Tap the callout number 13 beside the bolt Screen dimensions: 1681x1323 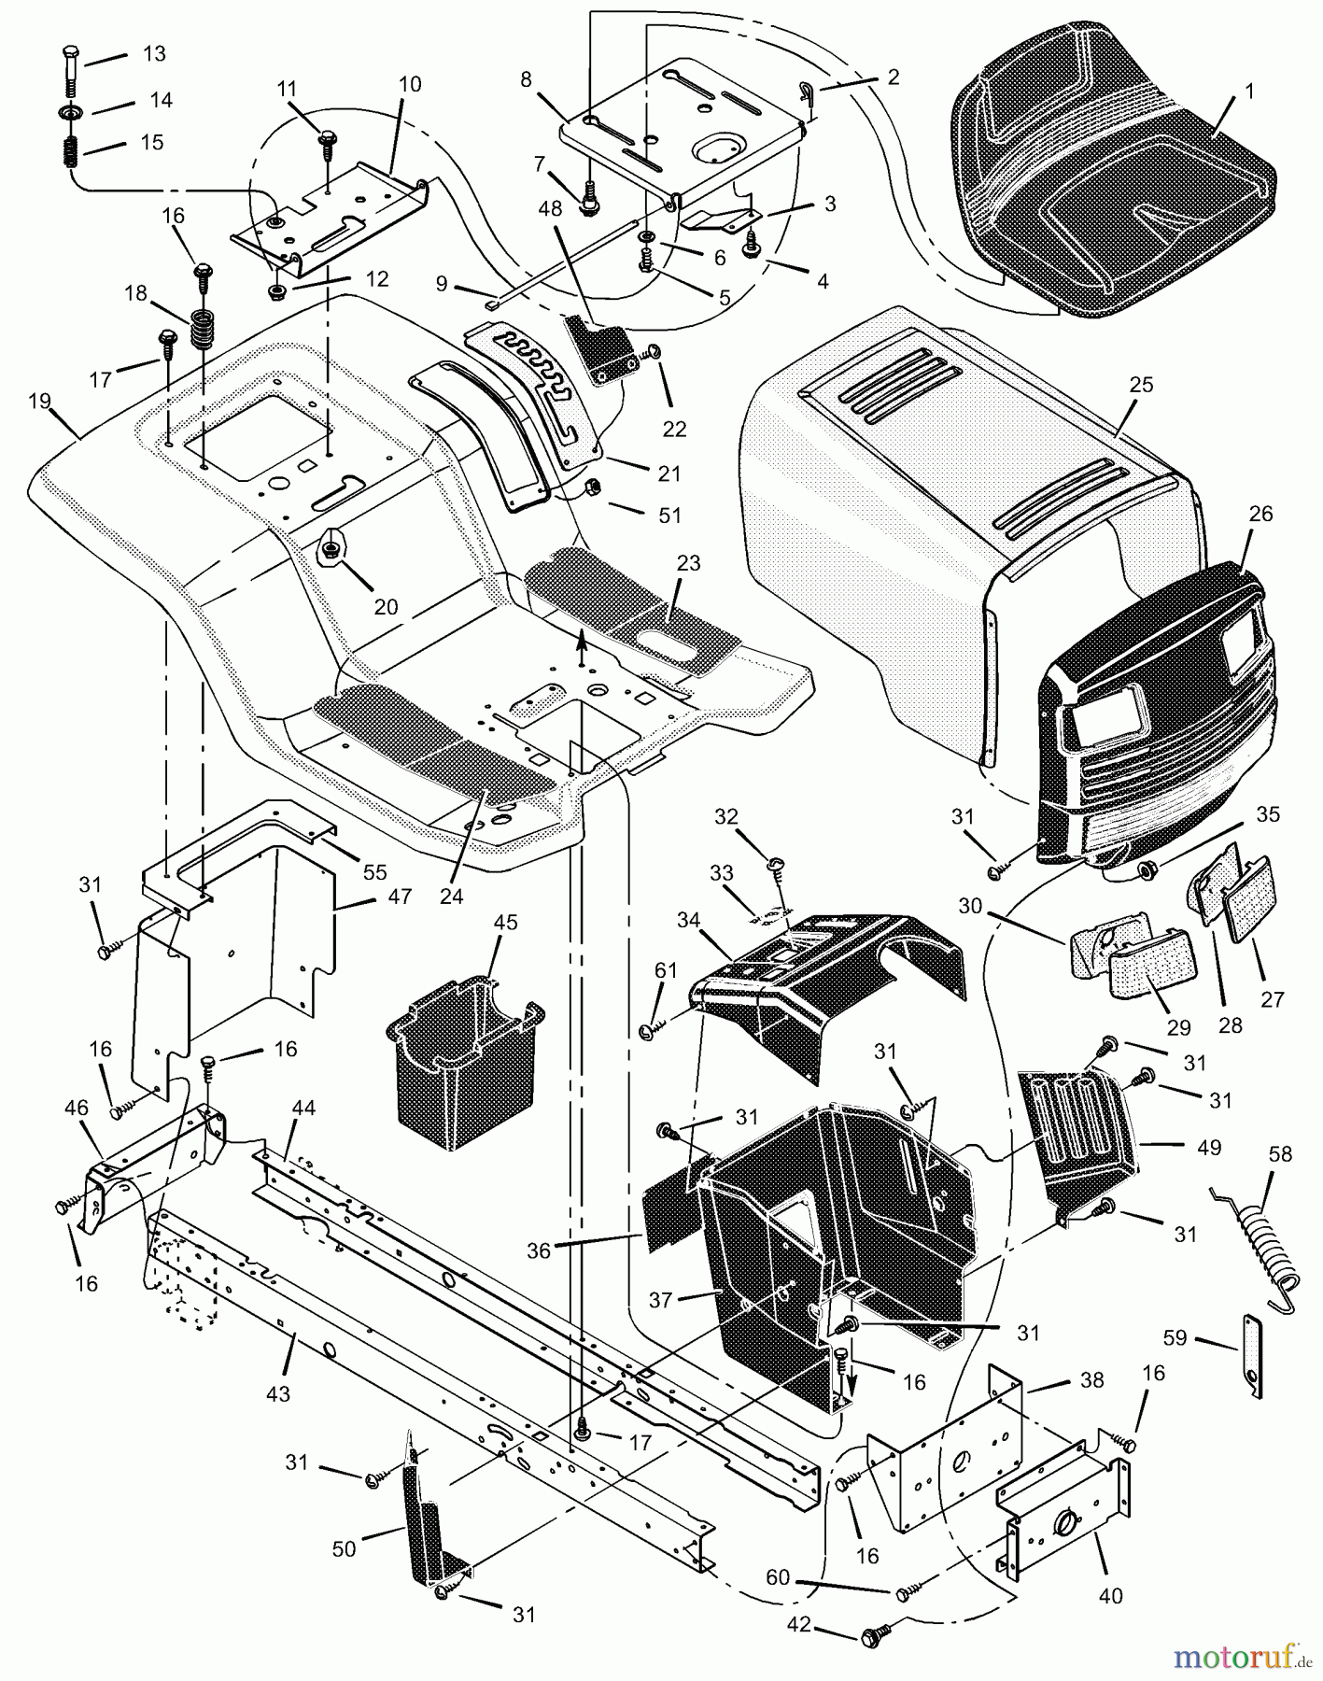pos(153,54)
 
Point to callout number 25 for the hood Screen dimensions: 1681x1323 pos(1141,385)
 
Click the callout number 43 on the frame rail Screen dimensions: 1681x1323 pos(278,1394)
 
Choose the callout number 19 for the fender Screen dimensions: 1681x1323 pos(39,403)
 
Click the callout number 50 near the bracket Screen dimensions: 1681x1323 pos(345,1548)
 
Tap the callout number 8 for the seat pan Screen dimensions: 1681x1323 pos(527,79)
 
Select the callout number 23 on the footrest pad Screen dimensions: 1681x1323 pos(689,564)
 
